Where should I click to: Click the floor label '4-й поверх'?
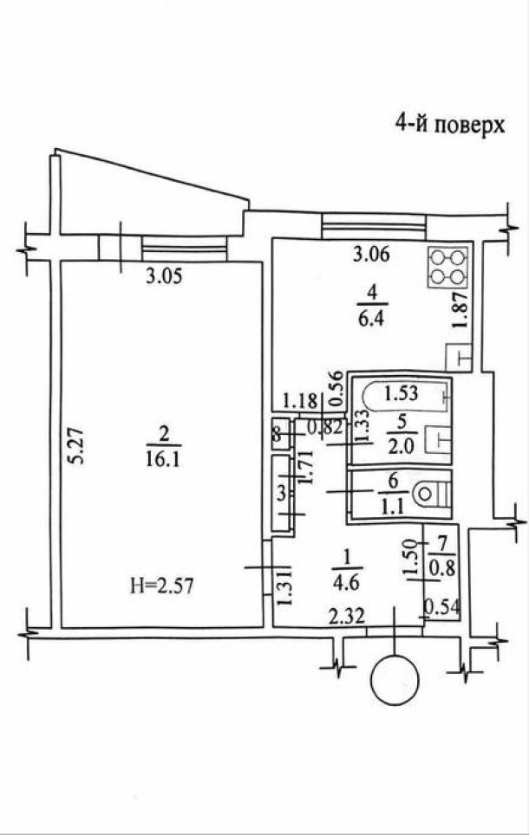[449, 125]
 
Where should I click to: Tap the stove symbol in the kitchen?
[448, 268]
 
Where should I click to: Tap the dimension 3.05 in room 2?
[164, 276]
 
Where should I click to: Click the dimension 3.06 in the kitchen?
[372, 254]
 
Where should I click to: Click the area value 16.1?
[163, 459]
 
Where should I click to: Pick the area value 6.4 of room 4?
[372, 319]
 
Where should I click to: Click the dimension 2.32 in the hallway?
[347, 617]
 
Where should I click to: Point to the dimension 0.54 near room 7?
[441, 607]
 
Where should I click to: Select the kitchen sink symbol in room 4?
[459, 358]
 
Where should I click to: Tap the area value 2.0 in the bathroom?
[402, 445]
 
